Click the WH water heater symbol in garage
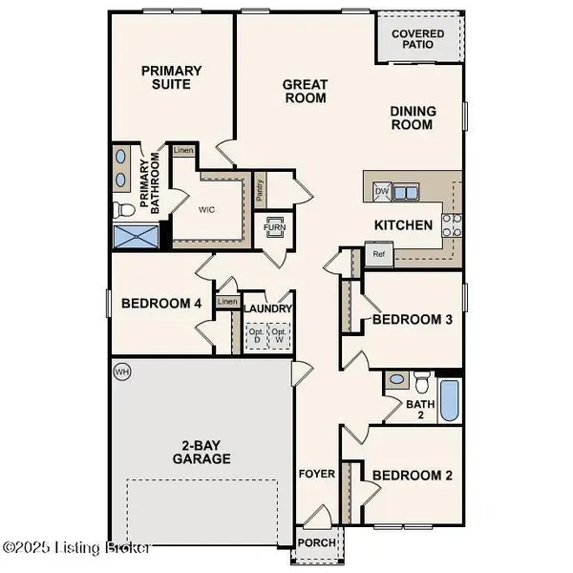[121, 371]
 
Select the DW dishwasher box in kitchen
[382, 192]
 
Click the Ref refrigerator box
[378, 255]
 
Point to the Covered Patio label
[418, 38]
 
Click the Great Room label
[305, 92]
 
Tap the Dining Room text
[413, 118]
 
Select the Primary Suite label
[172, 77]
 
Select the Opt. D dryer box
[255, 336]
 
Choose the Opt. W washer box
[280, 336]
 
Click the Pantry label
[259, 188]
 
